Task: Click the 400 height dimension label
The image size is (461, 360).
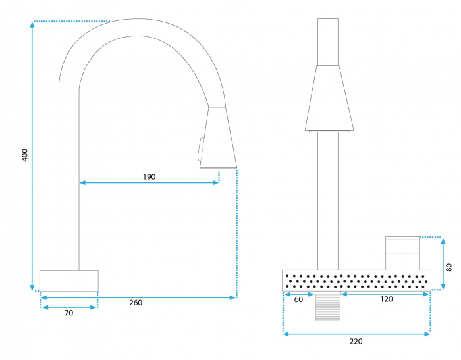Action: [x=25, y=155]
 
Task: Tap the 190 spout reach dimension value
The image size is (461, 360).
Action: [x=149, y=177]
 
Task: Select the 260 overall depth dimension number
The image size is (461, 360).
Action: [x=136, y=303]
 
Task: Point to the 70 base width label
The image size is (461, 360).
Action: [x=68, y=313]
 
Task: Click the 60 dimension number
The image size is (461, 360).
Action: [x=298, y=299]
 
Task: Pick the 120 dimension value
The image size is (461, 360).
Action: [x=387, y=299]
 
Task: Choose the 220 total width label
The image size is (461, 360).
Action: [x=356, y=341]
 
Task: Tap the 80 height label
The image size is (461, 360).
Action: [x=448, y=267]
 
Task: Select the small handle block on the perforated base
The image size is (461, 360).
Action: [x=402, y=253]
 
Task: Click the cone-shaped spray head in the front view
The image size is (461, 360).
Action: [x=329, y=99]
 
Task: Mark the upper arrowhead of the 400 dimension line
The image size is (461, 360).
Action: [x=32, y=24]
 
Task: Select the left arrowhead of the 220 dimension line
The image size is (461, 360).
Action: [x=286, y=334]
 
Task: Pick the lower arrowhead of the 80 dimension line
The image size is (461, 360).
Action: [x=443, y=286]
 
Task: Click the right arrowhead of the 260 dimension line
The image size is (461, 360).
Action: [x=232, y=297]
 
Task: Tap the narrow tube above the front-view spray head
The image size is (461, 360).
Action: [x=328, y=42]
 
